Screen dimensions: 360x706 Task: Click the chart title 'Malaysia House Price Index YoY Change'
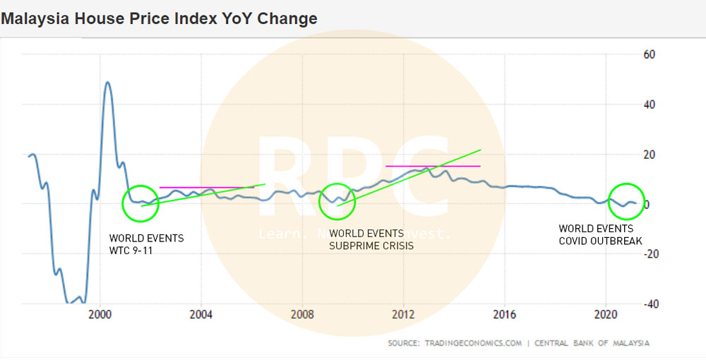point(159,18)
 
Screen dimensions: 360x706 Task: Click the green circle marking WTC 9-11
point(142,203)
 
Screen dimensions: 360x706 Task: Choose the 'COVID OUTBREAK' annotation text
point(600,241)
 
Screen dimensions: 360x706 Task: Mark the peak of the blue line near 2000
point(107,82)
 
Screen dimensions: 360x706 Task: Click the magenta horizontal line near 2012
point(432,166)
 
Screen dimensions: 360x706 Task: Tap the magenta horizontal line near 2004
point(206,187)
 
